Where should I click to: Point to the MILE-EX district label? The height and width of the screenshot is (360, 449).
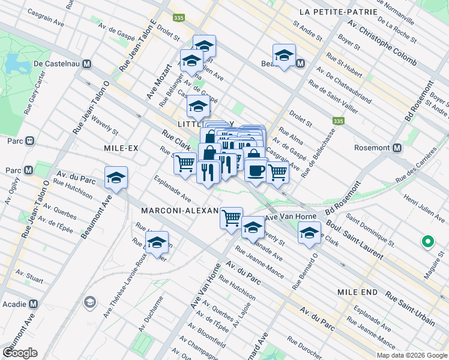pyautogui.click(x=113, y=148)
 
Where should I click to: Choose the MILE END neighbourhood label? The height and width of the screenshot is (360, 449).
pyautogui.click(x=357, y=292)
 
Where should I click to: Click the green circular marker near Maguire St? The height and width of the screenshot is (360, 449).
pyautogui.click(x=428, y=242)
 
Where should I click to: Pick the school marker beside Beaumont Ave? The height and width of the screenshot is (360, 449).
pyautogui.click(x=116, y=178)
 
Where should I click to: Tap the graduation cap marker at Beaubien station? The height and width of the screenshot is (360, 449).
pyautogui.click(x=284, y=55)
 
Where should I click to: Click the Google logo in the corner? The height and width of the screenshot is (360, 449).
pyautogui.click(x=20, y=353)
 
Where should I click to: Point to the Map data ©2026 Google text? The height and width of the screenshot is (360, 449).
pyautogui.click(x=411, y=355)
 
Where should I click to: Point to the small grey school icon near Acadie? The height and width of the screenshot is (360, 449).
pyautogui.click(x=90, y=301)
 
